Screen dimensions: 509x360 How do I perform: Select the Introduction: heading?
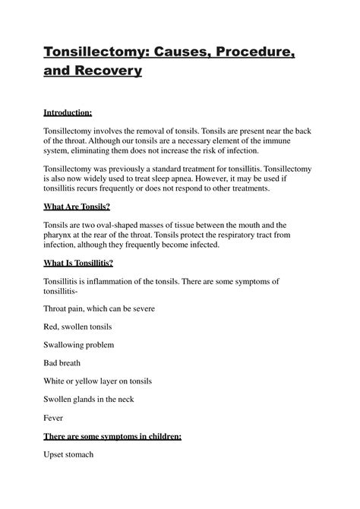coord(67,113)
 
